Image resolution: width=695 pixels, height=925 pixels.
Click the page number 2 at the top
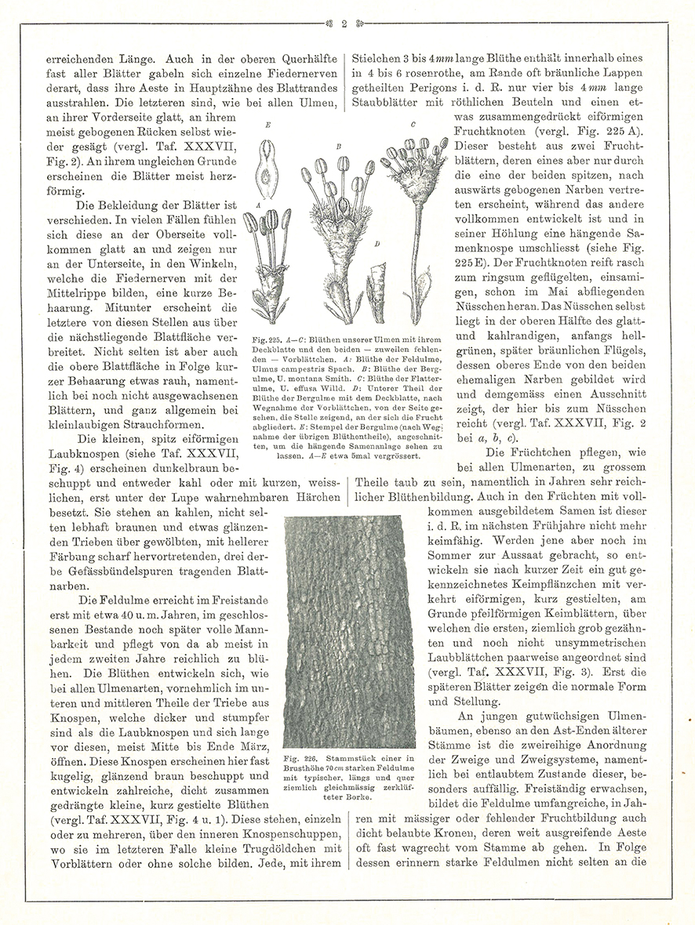(344, 24)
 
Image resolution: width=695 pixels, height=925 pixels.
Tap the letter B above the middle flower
(338, 146)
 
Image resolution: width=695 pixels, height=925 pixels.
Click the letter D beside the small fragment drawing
(377, 245)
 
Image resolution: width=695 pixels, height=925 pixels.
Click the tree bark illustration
(349, 631)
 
